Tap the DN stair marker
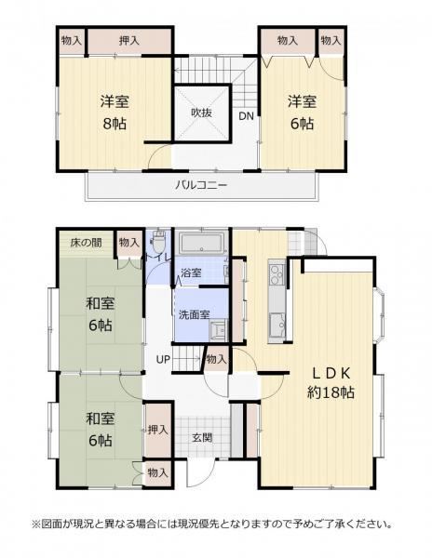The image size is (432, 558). tap(246, 116)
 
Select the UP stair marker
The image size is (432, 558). tap(164, 359)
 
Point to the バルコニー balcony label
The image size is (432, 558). tap(201, 185)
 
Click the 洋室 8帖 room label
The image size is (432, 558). tap(115, 113)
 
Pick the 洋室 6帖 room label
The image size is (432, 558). tap(302, 113)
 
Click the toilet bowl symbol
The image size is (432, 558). tap(157, 240)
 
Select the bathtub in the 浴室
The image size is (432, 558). tap(202, 244)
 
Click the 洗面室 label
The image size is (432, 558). tap(194, 314)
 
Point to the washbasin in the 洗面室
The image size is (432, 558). tap(218, 327)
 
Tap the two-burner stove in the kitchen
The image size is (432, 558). tap(277, 274)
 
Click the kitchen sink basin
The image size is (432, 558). tap(277, 325)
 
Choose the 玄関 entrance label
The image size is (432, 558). tap(202, 438)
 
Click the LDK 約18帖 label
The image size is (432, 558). tap(331, 383)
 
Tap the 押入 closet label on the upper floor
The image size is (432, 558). tap(128, 41)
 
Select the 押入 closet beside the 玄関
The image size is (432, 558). tap(157, 430)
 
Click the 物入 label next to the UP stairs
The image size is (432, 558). tap(216, 359)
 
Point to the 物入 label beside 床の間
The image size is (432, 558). tap(128, 243)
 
